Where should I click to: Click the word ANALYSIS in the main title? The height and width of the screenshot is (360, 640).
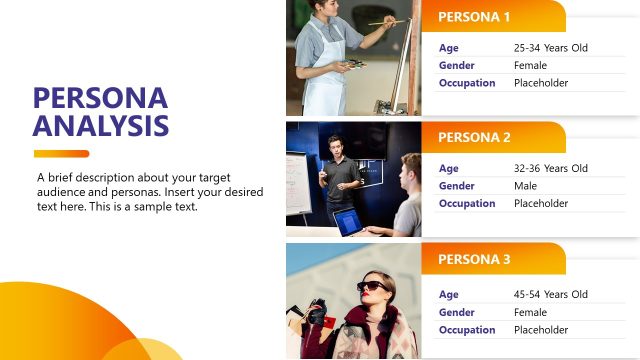click(x=100, y=126)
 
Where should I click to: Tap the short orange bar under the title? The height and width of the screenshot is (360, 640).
click(x=61, y=154)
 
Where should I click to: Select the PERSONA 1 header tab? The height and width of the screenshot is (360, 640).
click(x=475, y=17)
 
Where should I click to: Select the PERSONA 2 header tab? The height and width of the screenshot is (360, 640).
click(x=475, y=138)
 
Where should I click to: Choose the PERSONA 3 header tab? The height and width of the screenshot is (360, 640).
click(x=475, y=260)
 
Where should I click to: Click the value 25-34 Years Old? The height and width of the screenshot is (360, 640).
click(x=551, y=48)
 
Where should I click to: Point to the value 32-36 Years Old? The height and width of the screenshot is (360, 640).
click(x=551, y=168)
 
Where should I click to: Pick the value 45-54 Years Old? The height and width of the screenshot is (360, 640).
click(x=551, y=294)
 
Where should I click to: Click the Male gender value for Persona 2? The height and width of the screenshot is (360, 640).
click(x=525, y=186)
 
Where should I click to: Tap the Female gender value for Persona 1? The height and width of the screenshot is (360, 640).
click(x=530, y=65)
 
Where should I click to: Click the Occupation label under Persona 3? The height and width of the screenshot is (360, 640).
click(x=467, y=330)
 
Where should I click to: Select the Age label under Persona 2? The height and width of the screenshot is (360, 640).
click(x=448, y=168)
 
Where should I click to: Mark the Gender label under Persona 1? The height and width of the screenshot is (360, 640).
click(x=456, y=65)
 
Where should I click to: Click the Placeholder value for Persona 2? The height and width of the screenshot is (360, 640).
click(x=541, y=204)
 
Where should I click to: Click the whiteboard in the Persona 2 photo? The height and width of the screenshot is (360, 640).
click(x=298, y=181)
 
